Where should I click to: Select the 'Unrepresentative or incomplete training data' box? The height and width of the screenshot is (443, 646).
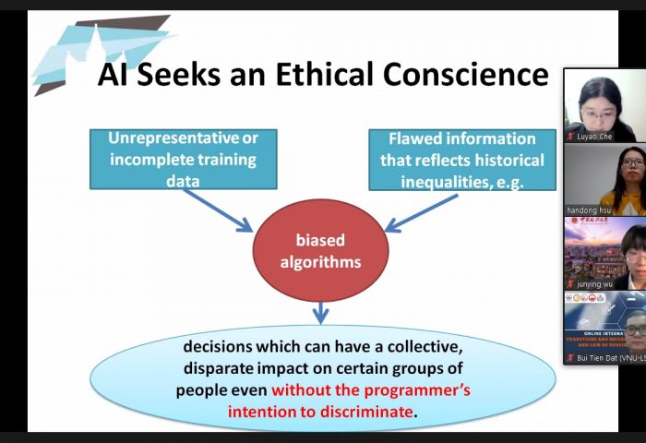click(183, 158)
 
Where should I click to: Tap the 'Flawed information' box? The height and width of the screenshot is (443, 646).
click(461, 158)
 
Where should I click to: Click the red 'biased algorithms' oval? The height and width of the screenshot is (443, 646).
click(320, 251)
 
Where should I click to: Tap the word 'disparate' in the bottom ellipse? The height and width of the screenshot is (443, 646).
click(221, 369)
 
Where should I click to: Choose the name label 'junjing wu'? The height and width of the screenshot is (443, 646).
click(595, 284)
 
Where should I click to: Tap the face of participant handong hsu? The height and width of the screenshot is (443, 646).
click(632, 171)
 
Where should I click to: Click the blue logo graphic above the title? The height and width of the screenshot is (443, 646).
click(92, 46)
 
